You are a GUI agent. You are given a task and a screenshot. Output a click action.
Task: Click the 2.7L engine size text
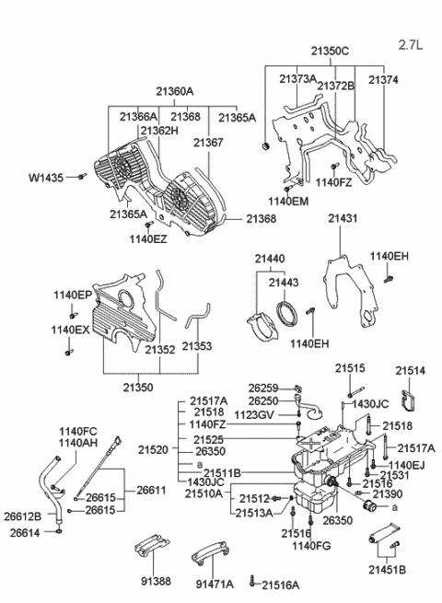pos(411,45)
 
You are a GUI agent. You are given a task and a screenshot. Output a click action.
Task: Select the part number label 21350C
pos(330,52)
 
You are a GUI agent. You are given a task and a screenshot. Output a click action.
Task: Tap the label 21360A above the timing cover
pos(175,91)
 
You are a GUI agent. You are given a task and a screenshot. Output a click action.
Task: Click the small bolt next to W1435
pos(82,176)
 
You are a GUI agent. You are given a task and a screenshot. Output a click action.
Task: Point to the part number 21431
pos(343,218)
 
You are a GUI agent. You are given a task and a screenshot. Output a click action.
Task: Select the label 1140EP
pos(73,295)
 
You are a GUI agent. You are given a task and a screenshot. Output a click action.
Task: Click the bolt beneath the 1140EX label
pos(69,352)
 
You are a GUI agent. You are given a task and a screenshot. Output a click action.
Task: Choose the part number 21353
pos(197,346)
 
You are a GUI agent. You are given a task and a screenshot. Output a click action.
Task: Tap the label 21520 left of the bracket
pos(154,449)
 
